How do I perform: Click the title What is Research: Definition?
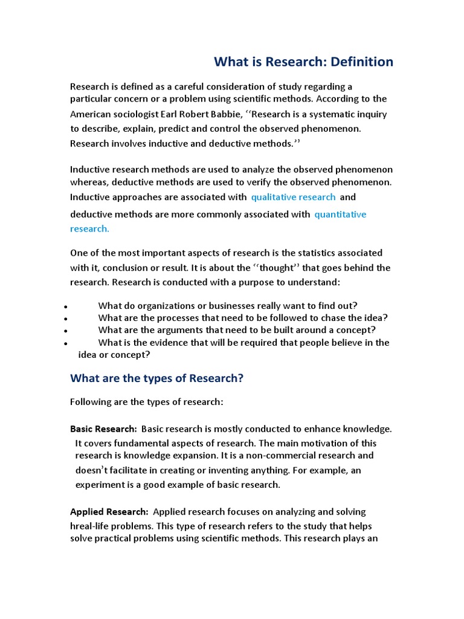coord(304,62)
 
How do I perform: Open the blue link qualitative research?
coord(293,197)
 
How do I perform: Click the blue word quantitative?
coord(340,215)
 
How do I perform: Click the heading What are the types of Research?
coord(156,378)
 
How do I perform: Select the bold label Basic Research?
coord(103,429)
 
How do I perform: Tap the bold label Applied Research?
coord(109,512)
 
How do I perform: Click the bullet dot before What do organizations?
coord(65,307)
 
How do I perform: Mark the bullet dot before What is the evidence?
coord(65,343)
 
